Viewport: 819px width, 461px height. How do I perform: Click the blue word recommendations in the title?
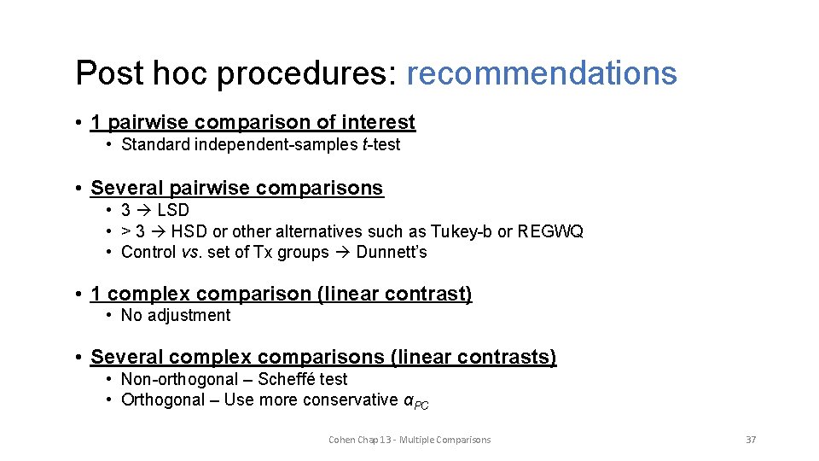tap(542, 73)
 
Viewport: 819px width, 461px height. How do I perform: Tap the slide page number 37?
tap(751, 440)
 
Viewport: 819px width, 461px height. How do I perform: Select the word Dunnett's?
tap(392, 252)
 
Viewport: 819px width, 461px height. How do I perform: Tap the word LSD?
tap(173, 210)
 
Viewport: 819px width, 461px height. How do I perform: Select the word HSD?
tap(191, 231)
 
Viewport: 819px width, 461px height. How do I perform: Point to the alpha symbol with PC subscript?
tap(415, 401)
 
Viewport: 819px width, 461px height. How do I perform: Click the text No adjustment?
tap(176, 315)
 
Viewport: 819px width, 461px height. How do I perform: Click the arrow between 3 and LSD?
tap(144, 210)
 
